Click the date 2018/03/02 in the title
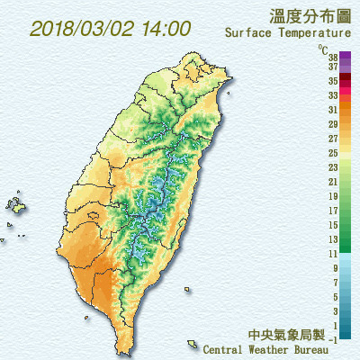(84, 28)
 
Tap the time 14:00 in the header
(166, 28)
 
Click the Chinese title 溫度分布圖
(309, 15)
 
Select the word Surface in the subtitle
(247, 33)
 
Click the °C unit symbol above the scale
(321, 47)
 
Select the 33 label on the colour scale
(333, 94)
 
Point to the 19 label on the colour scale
(333, 195)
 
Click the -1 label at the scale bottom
(333, 338)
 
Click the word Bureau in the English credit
(328, 349)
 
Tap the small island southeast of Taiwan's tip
(192, 343)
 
